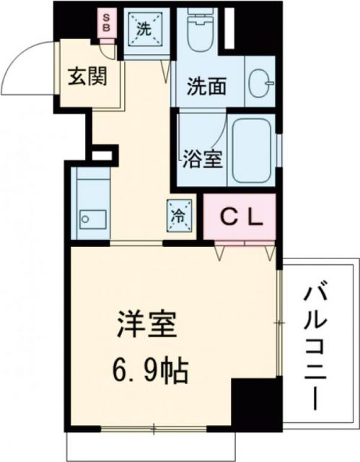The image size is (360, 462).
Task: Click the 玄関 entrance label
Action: click(85, 76)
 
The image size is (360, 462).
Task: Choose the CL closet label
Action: click(240, 216)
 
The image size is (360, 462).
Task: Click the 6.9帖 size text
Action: click(150, 372)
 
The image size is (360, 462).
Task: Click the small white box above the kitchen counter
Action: click(102, 154)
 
